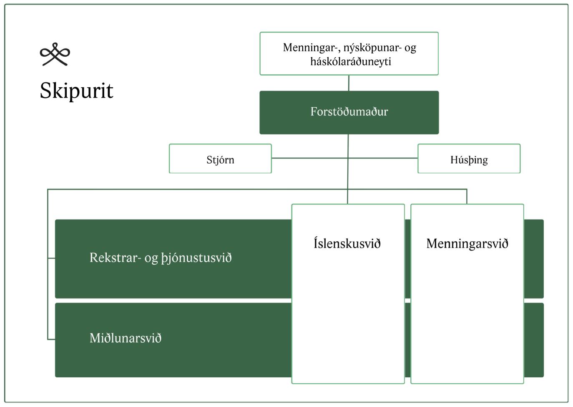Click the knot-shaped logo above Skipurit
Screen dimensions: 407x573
(x=55, y=54)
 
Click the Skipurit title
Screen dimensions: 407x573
(x=76, y=91)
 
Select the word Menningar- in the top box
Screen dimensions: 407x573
(x=310, y=48)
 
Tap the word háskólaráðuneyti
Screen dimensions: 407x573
(x=350, y=61)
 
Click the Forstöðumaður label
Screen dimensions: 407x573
(x=349, y=112)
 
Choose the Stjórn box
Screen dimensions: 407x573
(x=220, y=159)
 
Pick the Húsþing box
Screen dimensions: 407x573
(x=469, y=159)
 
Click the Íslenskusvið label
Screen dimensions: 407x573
(x=347, y=243)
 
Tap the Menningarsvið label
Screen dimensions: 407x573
(x=467, y=243)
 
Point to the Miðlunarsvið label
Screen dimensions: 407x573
(x=126, y=338)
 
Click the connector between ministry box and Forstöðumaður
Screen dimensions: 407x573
(x=349, y=83)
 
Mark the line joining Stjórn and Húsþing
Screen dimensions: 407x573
(x=309, y=158)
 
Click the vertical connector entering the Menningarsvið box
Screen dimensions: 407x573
(x=467, y=197)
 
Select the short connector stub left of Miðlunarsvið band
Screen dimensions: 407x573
(x=51, y=339)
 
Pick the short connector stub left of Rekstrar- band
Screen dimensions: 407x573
(x=51, y=258)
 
